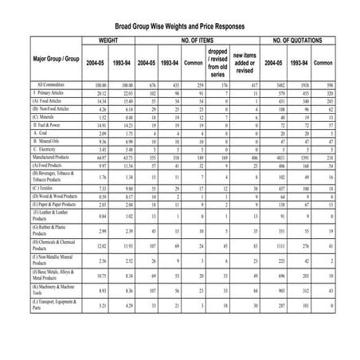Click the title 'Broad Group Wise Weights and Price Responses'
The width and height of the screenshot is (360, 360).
point(179,25)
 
